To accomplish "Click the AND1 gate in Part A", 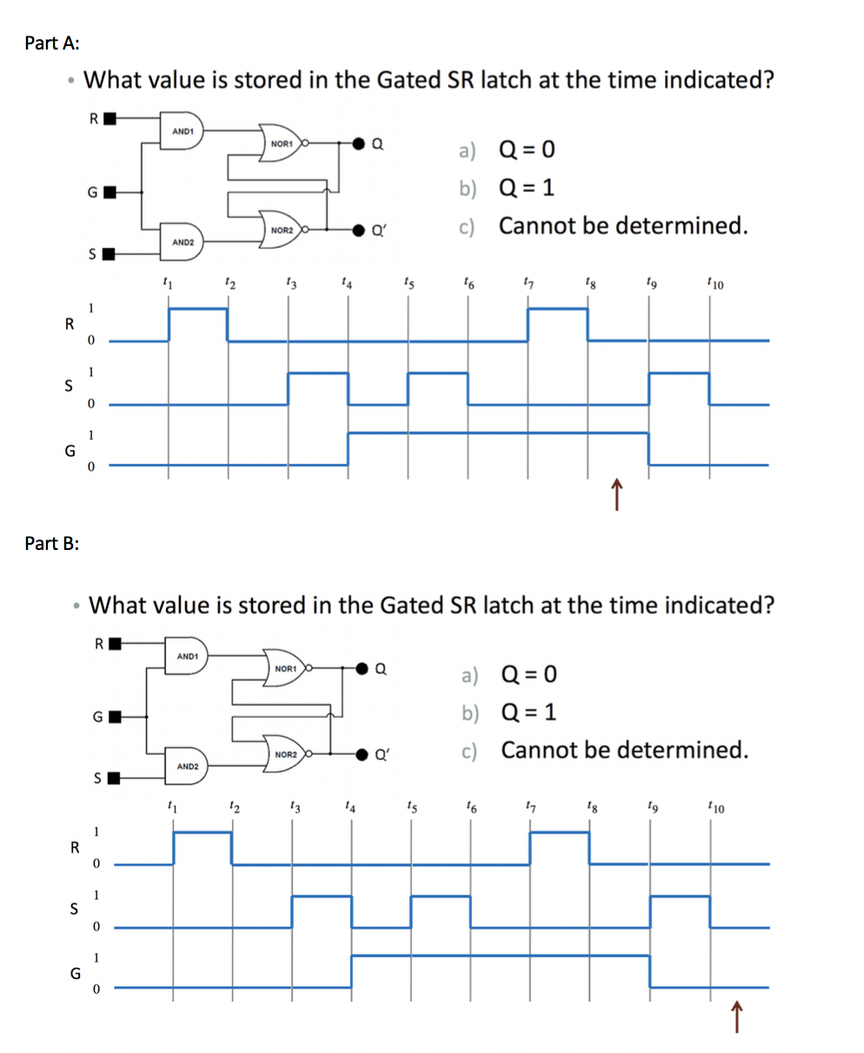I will (x=183, y=131).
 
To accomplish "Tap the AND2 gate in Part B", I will (x=189, y=766).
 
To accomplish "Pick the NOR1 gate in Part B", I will (x=288, y=668).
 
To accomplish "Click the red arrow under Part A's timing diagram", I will (x=616, y=495).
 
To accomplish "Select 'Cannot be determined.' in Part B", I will (x=624, y=750).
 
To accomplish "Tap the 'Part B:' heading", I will (x=53, y=543).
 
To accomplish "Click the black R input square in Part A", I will (x=110, y=119).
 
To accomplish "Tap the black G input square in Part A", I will (x=110, y=190).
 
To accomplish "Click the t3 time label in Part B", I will (x=293, y=808).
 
